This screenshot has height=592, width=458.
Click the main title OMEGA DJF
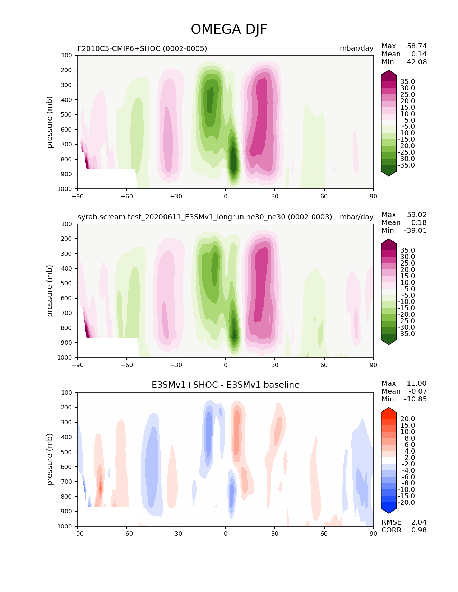229,29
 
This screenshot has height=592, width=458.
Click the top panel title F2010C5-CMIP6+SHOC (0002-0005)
142,48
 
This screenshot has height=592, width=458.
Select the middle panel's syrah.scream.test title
205,217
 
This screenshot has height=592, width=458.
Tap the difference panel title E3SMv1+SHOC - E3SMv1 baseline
225,385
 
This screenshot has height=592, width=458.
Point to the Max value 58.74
417,46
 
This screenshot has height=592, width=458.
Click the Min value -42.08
415,62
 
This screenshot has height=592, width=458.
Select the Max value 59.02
417,215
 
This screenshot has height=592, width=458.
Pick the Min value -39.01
415,230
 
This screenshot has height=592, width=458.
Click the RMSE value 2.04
419,522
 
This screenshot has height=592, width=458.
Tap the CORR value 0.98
419,530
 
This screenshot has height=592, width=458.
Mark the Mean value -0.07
417,391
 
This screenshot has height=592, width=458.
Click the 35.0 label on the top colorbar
407,82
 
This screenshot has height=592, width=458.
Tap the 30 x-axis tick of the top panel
275,196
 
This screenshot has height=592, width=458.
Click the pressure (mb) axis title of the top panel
50,122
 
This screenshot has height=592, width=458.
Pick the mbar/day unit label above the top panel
356,48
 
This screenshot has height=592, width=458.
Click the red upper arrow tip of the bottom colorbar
389,411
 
